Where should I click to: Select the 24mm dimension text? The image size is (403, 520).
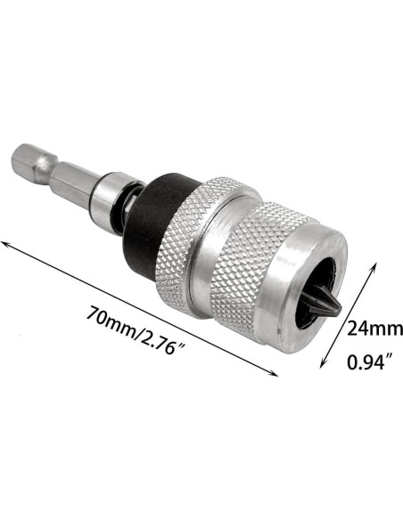[374, 329]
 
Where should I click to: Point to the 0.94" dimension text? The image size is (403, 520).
[370, 362]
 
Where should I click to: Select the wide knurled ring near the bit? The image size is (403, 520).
[252, 265]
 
